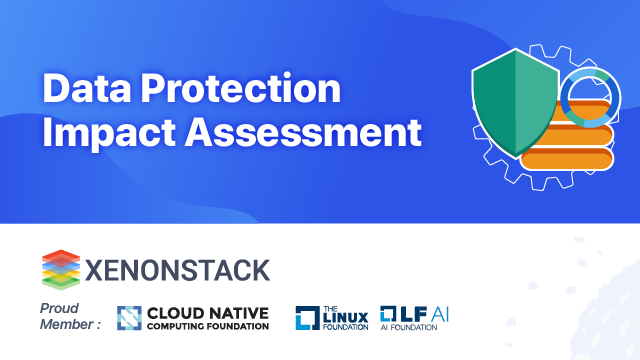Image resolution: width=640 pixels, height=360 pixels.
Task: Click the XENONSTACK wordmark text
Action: coord(176,269)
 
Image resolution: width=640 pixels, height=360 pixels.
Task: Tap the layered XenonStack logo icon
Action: coord(60,268)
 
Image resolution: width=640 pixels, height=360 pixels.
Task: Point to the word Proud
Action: coord(60,307)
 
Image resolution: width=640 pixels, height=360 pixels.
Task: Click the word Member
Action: coord(67,323)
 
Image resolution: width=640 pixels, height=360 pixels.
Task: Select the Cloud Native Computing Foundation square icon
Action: coord(129,317)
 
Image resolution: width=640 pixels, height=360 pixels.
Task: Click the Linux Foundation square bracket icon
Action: coord(306,318)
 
